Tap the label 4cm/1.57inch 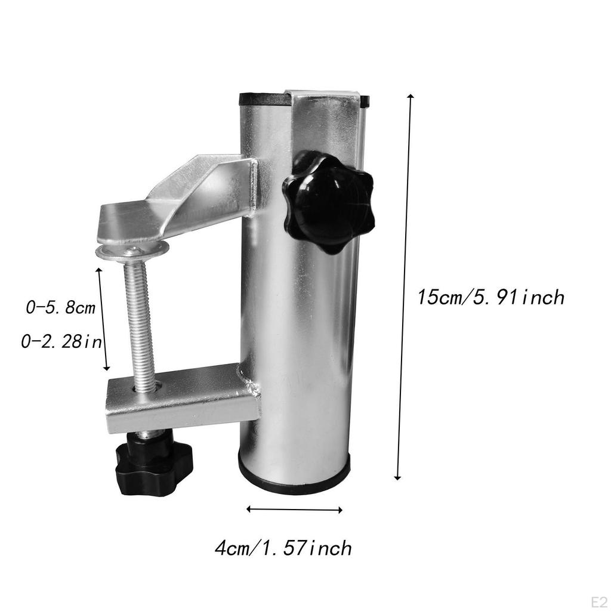[283, 548]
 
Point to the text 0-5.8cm [60, 308]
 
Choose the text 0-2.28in [61, 342]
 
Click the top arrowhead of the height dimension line [409, 97]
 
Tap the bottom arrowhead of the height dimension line [397, 476]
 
